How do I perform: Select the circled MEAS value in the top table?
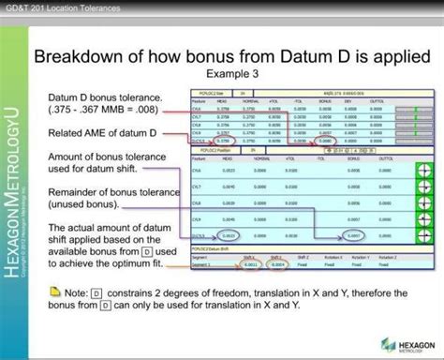(x=226, y=141)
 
